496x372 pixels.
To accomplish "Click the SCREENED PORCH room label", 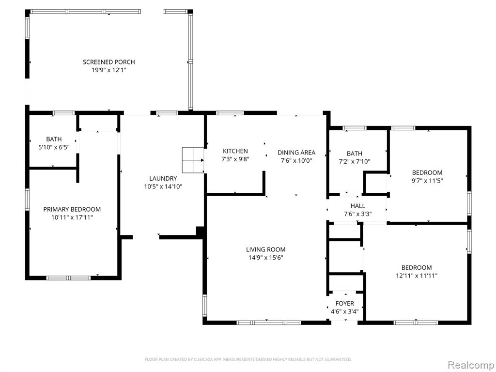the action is coord(109,62).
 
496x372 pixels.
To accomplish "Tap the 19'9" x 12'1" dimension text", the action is coord(109,70).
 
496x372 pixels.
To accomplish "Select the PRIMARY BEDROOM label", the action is coord(72,209).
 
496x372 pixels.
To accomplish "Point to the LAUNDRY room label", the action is coord(163,178).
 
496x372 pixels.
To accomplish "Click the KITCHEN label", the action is coord(235,151).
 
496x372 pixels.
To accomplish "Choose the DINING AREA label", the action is coord(296,153).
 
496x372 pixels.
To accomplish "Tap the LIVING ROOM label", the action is coord(266,249).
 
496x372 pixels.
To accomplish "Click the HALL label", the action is coord(358,205).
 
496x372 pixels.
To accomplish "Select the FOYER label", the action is coord(345,304).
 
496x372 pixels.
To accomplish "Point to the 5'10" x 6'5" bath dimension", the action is coord(54,147).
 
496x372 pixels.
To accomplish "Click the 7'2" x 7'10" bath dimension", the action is coord(354,161).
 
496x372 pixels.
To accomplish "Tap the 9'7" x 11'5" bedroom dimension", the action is coord(427,181).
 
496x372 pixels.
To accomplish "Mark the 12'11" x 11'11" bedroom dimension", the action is coord(417,276).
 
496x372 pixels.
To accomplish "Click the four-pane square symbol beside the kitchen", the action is coord(193,160).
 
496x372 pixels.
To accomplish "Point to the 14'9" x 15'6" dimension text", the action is coord(266,258).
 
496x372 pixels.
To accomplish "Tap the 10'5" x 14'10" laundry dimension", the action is coord(163,186).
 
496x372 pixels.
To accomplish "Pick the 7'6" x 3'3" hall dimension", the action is coord(358,214).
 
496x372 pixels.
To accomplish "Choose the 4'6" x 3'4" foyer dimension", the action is coord(345,311).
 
